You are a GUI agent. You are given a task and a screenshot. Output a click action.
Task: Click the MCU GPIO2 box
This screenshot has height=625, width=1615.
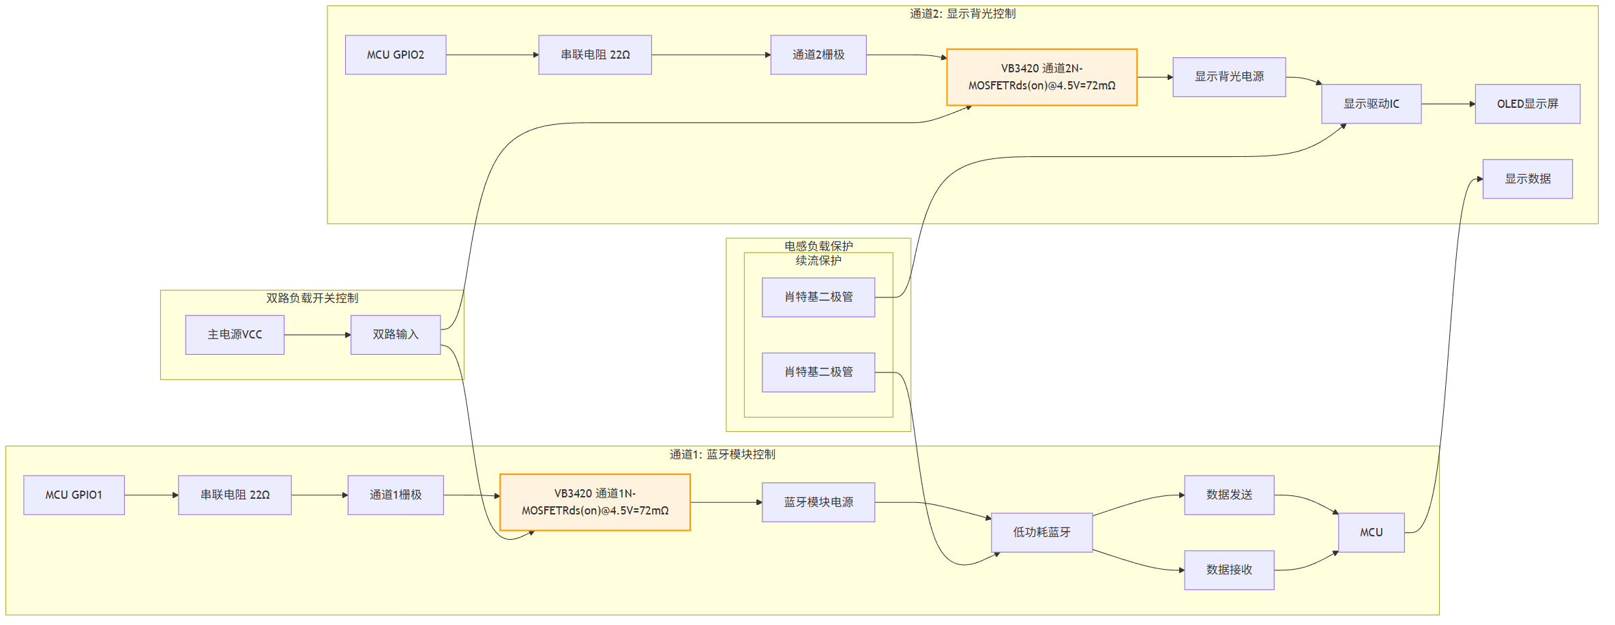click(x=396, y=55)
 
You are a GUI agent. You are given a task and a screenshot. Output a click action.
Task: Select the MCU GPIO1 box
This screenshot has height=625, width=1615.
click(x=74, y=495)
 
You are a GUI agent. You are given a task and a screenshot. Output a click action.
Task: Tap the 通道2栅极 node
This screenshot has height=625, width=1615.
click(x=818, y=55)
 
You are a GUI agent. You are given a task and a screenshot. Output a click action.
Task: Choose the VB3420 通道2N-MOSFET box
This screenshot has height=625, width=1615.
click(x=1041, y=77)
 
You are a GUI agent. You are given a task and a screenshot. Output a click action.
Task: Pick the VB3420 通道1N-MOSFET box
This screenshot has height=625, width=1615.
click(x=595, y=502)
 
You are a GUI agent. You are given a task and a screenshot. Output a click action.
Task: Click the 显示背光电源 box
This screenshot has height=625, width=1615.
click(x=1229, y=77)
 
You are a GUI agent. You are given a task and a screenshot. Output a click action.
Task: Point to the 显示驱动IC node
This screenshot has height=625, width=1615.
click(x=1371, y=104)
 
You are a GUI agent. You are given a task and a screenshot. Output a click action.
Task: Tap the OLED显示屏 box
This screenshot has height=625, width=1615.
click(x=1527, y=104)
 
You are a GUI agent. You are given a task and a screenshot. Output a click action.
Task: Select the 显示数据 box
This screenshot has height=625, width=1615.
click(x=1527, y=179)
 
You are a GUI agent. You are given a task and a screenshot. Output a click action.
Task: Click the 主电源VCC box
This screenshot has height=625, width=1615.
click(x=235, y=334)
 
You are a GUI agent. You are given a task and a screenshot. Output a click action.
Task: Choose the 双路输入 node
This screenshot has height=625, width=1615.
click(x=396, y=334)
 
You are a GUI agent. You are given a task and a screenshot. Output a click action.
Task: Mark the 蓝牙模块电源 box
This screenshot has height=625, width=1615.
click(x=818, y=502)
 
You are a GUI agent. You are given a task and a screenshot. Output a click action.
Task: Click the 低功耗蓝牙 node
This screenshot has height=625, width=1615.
click(x=1041, y=532)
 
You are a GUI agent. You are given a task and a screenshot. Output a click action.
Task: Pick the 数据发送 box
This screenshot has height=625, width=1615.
click(x=1229, y=495)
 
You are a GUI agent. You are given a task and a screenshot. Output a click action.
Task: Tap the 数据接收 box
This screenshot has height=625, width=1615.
click(x=1229, y=570)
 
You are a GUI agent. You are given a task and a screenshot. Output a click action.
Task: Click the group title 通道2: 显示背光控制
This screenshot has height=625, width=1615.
click(x=962, y=14)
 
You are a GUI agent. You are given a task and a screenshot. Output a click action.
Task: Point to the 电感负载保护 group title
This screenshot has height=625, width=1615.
click(x=818, y=246)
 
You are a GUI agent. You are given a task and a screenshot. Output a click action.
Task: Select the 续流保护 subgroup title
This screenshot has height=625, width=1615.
click(x=818, y=261)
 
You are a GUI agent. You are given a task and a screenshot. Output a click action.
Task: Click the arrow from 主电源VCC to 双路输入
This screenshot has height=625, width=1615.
click(x=317, y=335)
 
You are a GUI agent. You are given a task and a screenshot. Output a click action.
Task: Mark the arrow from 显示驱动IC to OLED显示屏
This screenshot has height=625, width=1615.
click(x=1448, y=104)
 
